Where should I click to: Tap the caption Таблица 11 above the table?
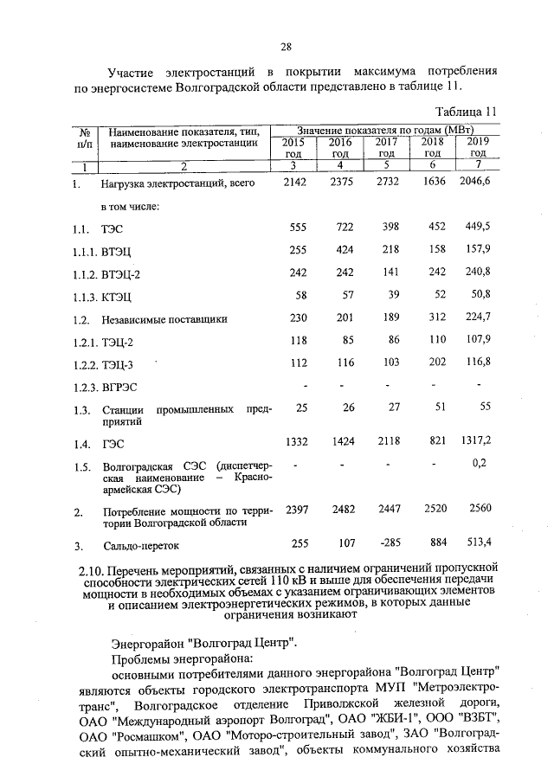(x=466, y=111)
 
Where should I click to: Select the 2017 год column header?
(x=385, y=147)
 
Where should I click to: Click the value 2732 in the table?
(x=385, y=182)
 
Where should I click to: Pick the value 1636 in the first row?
(x=431, y=182)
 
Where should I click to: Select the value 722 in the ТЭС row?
(x=340, y=227)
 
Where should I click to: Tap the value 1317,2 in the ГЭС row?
(x=475, y=440)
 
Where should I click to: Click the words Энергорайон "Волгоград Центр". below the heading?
(x=204, y=643)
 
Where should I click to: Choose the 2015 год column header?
(x=295, y=147)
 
